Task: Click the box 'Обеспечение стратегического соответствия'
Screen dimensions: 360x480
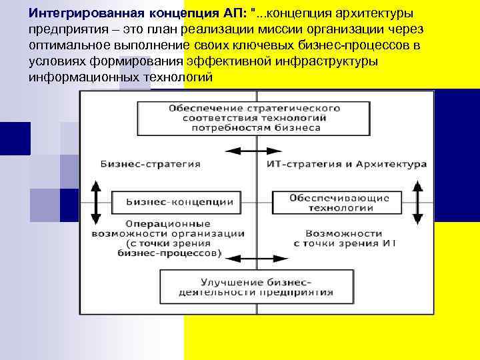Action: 254,117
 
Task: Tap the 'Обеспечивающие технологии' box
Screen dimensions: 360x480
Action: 341,203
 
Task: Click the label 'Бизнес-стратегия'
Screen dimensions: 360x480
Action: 151,163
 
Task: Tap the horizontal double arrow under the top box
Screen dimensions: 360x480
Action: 249,151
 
